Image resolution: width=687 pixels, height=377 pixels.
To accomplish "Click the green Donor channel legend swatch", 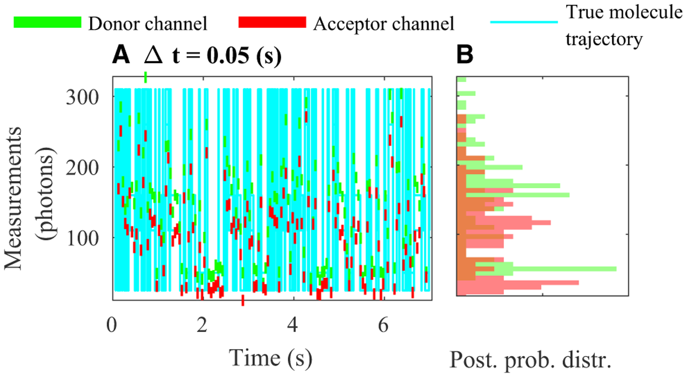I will coord(48,22).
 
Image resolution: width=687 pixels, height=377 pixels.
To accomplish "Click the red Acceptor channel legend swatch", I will coord(272,22).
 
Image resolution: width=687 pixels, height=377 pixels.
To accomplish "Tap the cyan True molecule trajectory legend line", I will coord(524,22).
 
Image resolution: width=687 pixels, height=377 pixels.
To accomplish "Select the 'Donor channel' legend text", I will coord(148,24).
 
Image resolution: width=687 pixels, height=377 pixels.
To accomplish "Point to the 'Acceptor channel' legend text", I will coord(384,24).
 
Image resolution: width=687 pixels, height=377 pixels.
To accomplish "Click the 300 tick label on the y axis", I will coord(82,97).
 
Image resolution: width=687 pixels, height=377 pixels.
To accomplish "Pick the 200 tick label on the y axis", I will coord(82,168).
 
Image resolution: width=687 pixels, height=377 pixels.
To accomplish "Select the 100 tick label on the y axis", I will coord(82,238).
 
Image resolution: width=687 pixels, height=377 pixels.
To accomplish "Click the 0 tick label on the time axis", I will coord(112,325).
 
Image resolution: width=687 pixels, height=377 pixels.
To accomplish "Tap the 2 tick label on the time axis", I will coord(202,325).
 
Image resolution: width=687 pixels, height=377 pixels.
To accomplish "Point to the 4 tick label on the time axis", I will coord(293,325).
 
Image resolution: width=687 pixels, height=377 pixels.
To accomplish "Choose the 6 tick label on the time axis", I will coord(383,325).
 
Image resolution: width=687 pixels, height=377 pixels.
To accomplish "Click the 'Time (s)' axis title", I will coord(271,358).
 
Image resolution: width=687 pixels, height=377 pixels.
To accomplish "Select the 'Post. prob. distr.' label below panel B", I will coord(531,359).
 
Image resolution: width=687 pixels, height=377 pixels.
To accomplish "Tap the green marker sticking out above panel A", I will coord(145,77).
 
